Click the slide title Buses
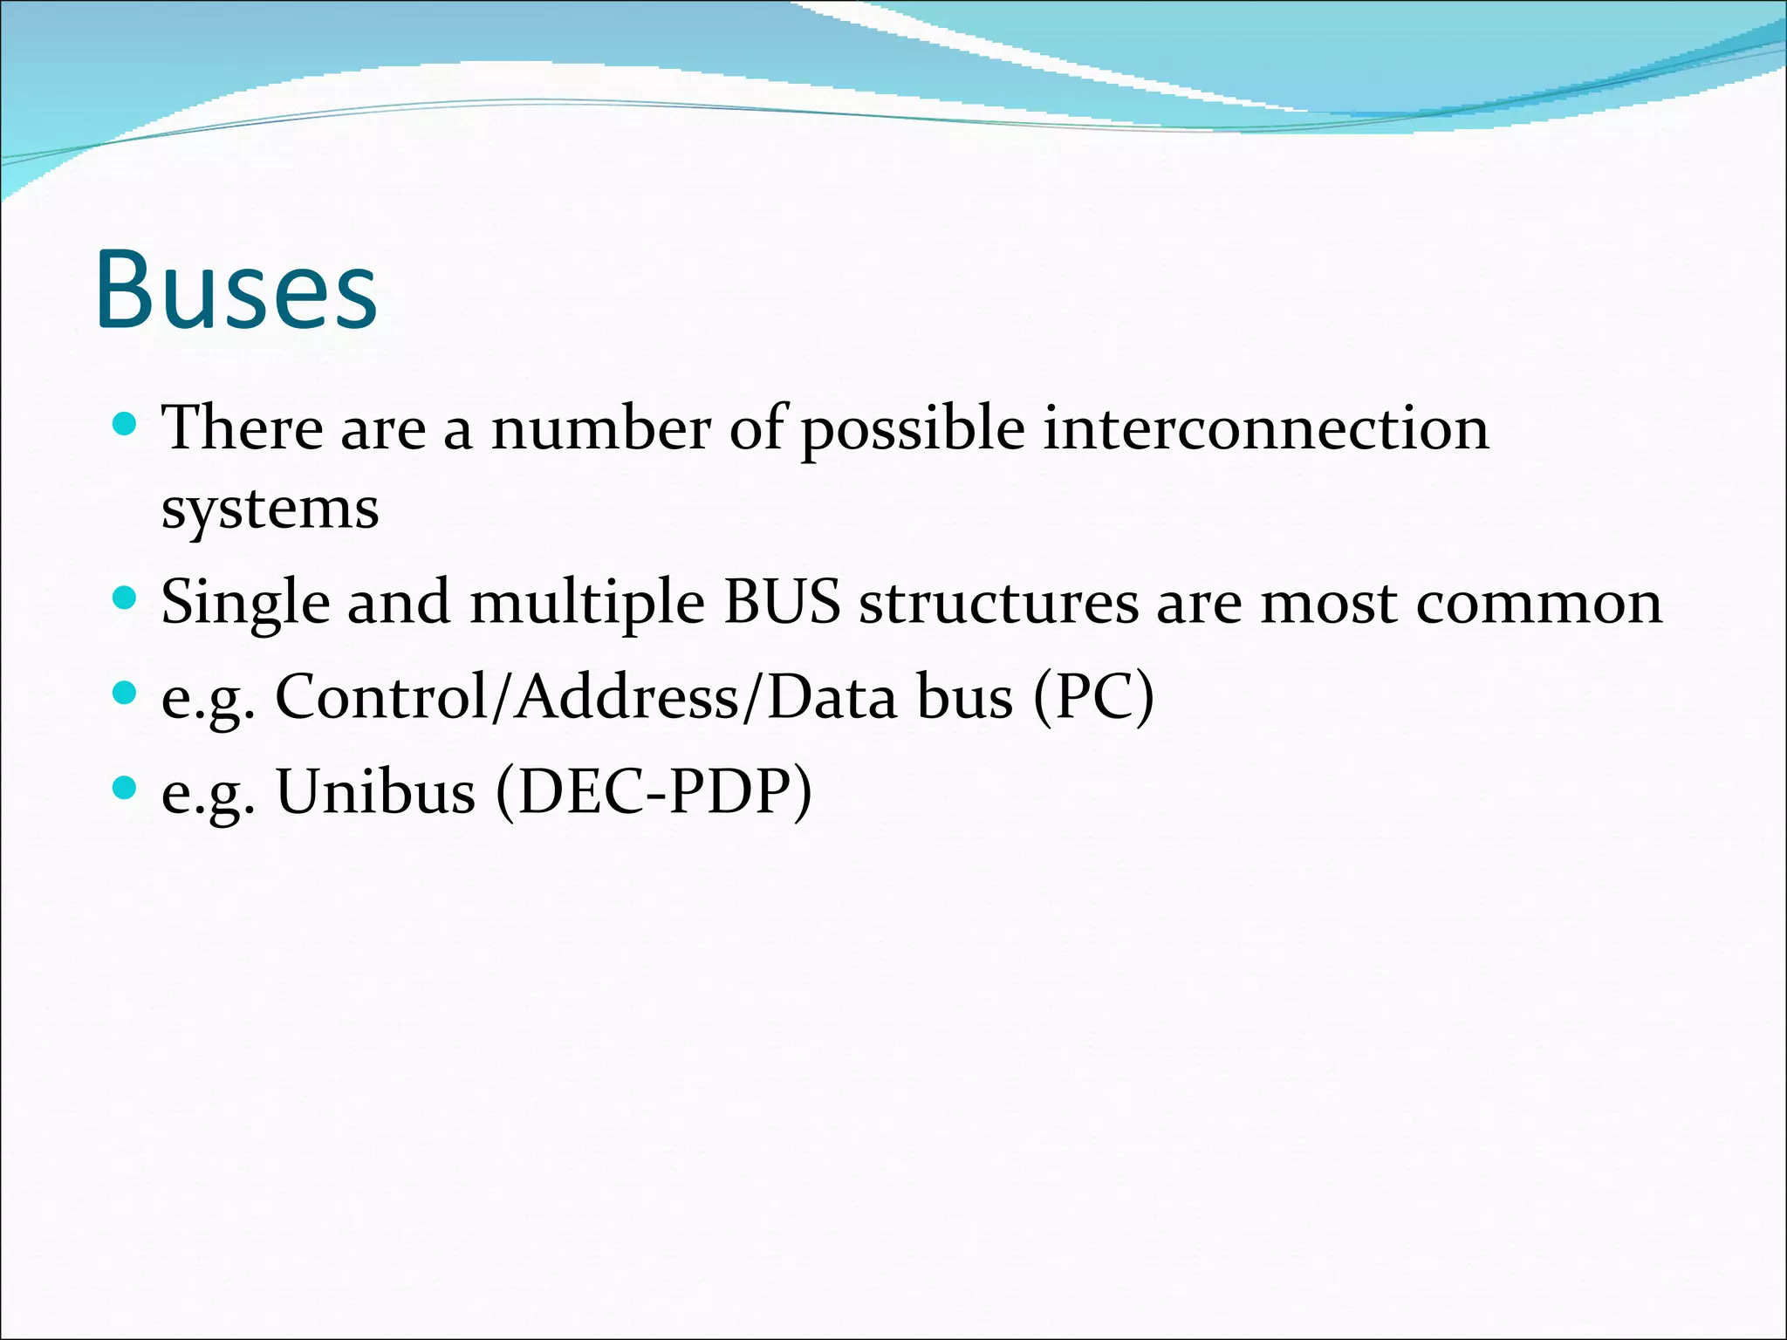pyautogui.click(x=236, y=290)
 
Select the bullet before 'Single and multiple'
pyautogui.click(x=126, y=598)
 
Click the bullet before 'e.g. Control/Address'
pyautogui.click(x=126, y=694)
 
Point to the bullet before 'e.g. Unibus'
pyautogui.click(x=126, y=789)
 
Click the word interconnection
pyautogui.click(x=1265, y=428)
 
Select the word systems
pyautogui.click(x=270, y=509)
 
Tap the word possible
pyautogui.click(x=913, y=430)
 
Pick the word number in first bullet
pyautogui.click(x=601, y=428)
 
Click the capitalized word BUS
pyautogui.click(x=782, y=602)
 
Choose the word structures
pyautogui.click(x=998, y=602)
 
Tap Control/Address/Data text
pyautogui.click(x=585, y=697)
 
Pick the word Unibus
pyautogui.click(x=375, y=792)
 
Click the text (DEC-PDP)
pyautogui.click(x=654, y=792)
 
